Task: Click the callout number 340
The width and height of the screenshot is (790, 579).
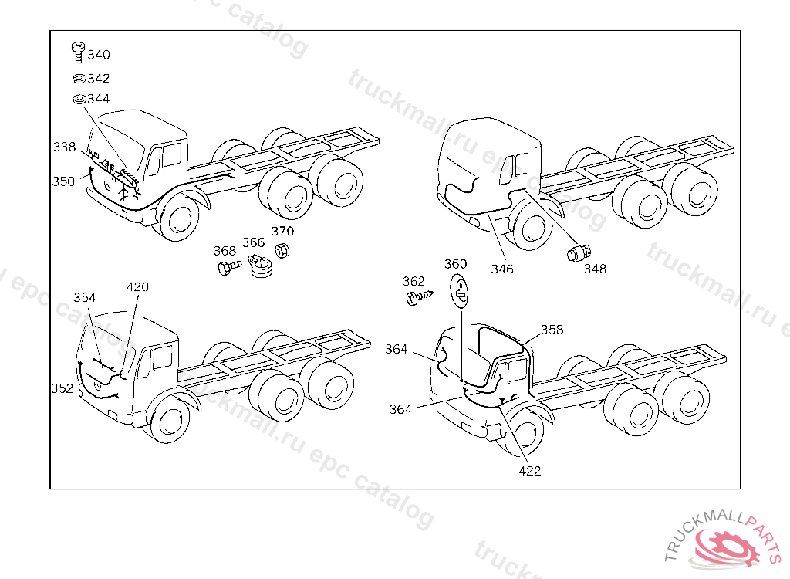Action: (98, 55)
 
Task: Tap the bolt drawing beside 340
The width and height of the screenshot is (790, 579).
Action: (77, 52)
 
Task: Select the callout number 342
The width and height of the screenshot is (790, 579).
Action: (98, 79)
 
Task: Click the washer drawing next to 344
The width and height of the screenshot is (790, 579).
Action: (78, 100)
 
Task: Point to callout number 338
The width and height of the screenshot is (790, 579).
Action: (65, 147)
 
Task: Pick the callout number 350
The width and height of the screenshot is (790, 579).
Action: (63, 181)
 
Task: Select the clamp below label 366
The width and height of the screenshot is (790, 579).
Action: (262, 267)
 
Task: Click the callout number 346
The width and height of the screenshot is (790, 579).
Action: (501, 269)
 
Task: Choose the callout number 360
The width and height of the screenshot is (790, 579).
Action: (455, 264)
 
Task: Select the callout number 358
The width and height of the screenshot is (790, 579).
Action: (552, 330)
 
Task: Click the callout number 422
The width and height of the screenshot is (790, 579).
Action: (529, 471)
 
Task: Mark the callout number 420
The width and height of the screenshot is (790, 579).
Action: (137, 287)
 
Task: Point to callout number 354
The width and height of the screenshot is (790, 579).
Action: (85, 297)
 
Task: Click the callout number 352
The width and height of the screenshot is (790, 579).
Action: (62, 388)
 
